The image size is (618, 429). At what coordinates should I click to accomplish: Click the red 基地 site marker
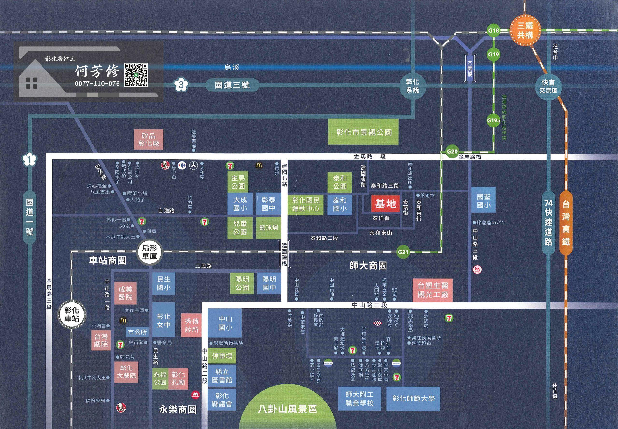coord(386,204)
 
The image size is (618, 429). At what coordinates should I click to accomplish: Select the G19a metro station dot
coord(493,120)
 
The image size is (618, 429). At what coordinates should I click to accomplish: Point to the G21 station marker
coord(403,252)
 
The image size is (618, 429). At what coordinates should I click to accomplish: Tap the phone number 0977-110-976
coord(97,84)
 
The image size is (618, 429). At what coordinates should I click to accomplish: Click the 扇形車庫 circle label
coord(149,252)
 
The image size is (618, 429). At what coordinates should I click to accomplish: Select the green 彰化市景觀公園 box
coord(363,132)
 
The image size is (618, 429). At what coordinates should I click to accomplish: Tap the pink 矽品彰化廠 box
coord(148,139)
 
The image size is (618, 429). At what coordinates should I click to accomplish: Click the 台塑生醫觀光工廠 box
coord(433,290)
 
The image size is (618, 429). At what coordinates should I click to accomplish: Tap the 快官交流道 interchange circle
coord(548,86)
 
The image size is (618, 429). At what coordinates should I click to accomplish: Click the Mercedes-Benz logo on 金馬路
coord(193,166)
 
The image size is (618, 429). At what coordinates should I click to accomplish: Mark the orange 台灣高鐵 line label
coord(566,223)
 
